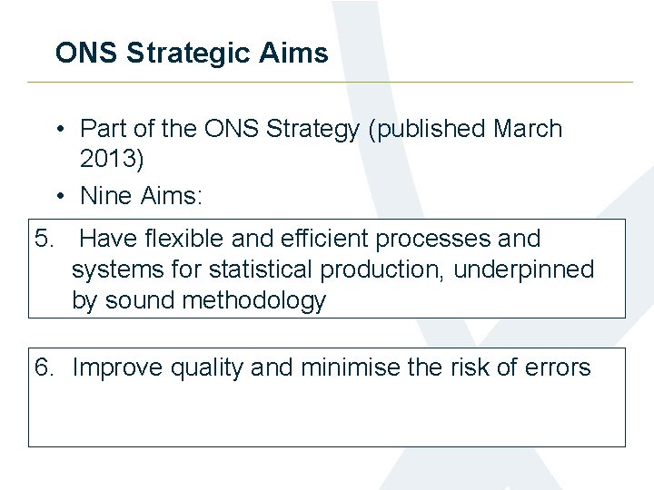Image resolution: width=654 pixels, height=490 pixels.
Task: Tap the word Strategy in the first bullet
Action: tap(312, 129)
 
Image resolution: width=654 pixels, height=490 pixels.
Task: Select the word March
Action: tap(528, 129)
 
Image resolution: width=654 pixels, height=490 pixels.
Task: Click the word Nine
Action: tap(105, 195)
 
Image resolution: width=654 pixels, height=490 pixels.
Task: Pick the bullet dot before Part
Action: tap(57, 129)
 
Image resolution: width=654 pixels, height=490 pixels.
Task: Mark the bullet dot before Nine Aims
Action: tap(57, 195)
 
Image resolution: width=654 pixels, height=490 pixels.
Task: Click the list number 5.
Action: tap(42, 239)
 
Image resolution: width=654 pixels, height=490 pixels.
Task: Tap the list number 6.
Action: tap(42, 367)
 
